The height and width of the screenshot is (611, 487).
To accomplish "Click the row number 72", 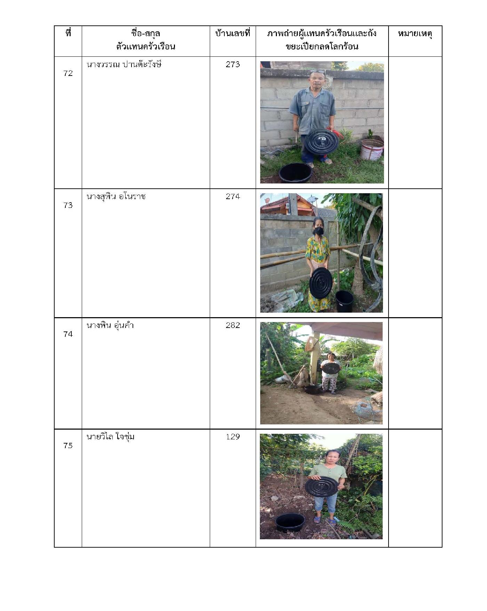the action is [68, 73].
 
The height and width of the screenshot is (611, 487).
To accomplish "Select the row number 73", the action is [68, 205].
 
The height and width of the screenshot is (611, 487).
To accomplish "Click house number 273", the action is [233, 64].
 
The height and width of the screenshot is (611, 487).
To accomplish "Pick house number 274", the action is [233, 197].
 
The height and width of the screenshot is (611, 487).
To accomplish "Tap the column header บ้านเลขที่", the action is [233, 34].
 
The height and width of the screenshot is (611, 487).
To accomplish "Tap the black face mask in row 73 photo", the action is [318, 231].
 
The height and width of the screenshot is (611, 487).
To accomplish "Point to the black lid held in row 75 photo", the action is [321, 486].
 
